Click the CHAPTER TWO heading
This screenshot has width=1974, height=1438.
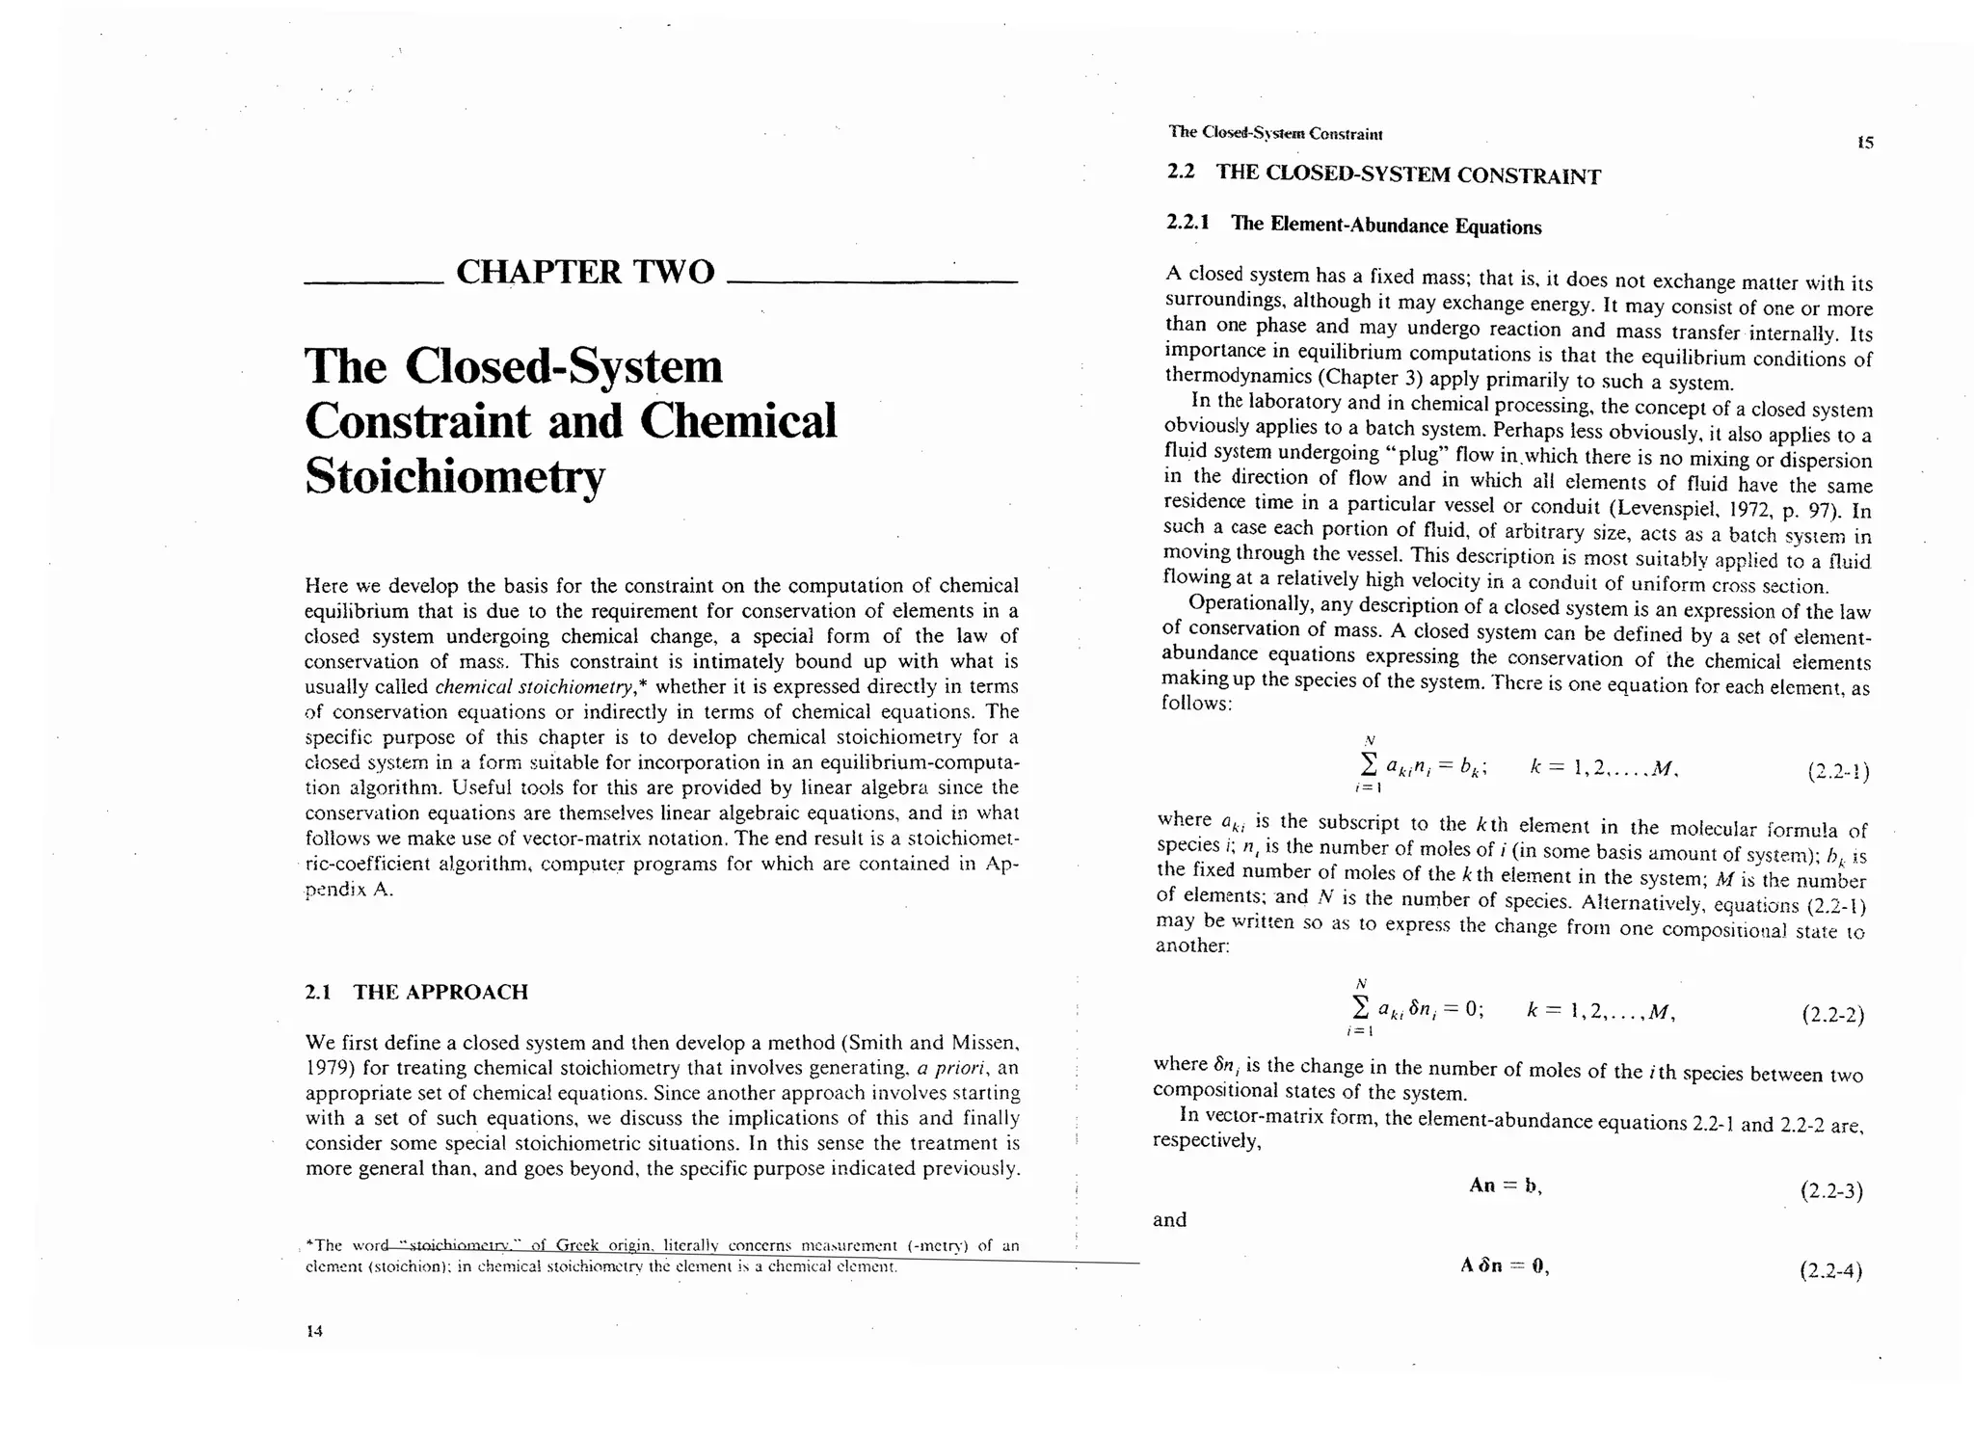(585, 273)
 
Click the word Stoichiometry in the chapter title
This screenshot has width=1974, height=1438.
(455, 475)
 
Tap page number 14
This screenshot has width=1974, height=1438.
(314, 1331)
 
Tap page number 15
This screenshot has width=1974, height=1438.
(1865, 143)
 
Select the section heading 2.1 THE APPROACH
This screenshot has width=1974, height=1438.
(416, 992)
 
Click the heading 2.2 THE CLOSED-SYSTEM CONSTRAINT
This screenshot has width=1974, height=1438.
(1383, 174)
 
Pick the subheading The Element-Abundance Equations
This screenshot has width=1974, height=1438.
(1386, 226)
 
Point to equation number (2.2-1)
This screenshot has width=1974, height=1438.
(1838, 772)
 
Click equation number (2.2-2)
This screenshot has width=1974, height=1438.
(1832, 1015)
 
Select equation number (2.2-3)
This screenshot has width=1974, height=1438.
(1831, 1191)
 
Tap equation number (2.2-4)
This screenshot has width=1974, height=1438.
(1830, 1271)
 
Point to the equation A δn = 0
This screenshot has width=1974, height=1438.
(1505, 1266)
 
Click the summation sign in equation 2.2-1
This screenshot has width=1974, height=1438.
(1362, 766)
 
